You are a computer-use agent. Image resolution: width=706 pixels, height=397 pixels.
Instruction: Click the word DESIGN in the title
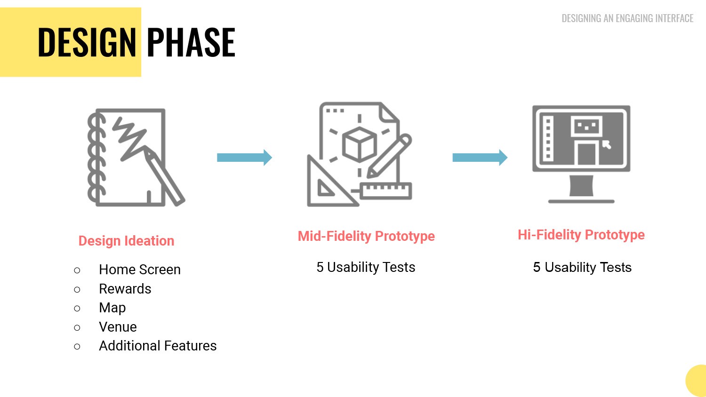(x=87, y=42)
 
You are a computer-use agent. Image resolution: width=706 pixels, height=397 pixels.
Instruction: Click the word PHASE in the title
(x=191, y=42)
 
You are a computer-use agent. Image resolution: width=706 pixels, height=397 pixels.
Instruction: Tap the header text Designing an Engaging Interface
(x=627, y=18)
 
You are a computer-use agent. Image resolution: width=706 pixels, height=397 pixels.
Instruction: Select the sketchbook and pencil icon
(x=136, y=158)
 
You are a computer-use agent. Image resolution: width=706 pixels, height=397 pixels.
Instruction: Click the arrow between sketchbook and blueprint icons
(x=244, y=158)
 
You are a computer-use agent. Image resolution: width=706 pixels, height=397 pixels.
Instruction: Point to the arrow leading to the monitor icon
(x=480, y=158)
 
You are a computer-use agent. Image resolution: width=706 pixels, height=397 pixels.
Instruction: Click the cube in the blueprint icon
(x=359, y=144)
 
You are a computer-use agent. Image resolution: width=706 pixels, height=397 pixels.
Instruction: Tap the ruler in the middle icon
(x=385, y=191)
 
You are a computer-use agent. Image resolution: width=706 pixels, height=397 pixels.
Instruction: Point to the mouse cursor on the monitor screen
(x=607, y=145)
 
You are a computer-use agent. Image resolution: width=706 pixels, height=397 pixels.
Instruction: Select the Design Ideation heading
(x=126, y=241)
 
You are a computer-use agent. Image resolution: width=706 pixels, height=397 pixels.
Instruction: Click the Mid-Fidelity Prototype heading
(x=366, y=236)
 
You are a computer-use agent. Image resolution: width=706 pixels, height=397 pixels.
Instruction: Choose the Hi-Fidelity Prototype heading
(x=581, y=235)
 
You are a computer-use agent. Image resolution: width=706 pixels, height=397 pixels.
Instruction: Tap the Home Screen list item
(x=140, y=270)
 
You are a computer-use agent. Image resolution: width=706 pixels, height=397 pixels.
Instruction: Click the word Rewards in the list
(x=125, y=289)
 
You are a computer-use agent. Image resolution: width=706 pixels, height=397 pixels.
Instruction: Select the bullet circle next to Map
(x=77, y=308)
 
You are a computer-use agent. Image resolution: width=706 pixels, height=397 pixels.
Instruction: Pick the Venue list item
(x=118, y=327)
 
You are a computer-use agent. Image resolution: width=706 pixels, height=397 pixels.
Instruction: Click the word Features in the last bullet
(x=190, y=346)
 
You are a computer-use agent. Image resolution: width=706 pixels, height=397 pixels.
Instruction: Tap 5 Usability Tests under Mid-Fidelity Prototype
(x=366, y=267)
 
